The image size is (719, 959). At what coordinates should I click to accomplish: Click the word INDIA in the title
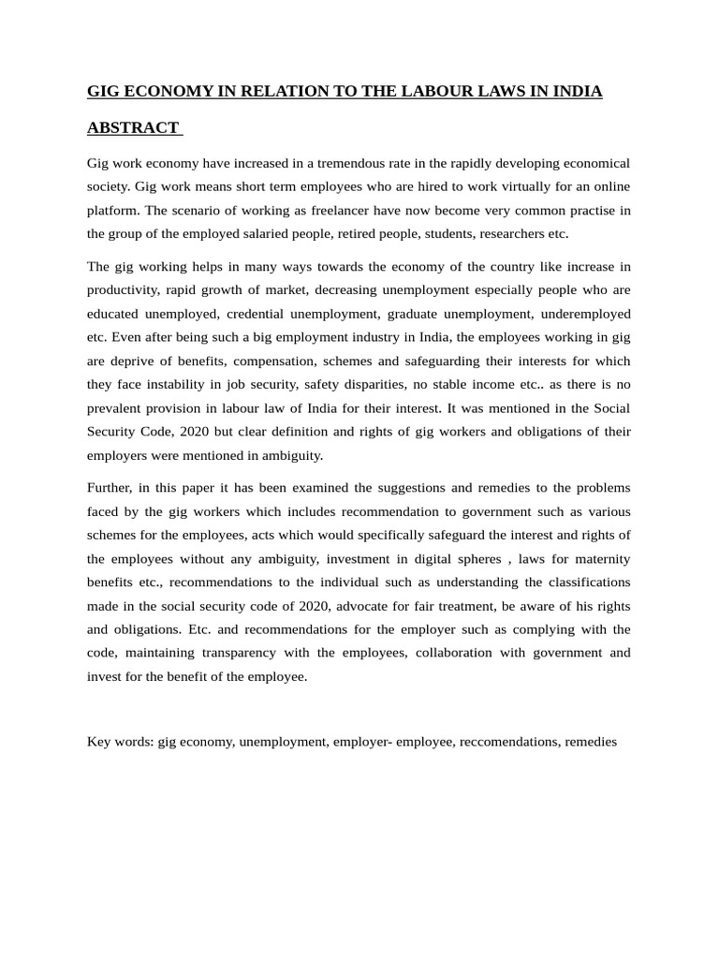point(577,91)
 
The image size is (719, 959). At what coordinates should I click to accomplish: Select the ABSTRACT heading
point(133,127)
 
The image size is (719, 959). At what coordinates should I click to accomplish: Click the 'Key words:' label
point(120,741)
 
